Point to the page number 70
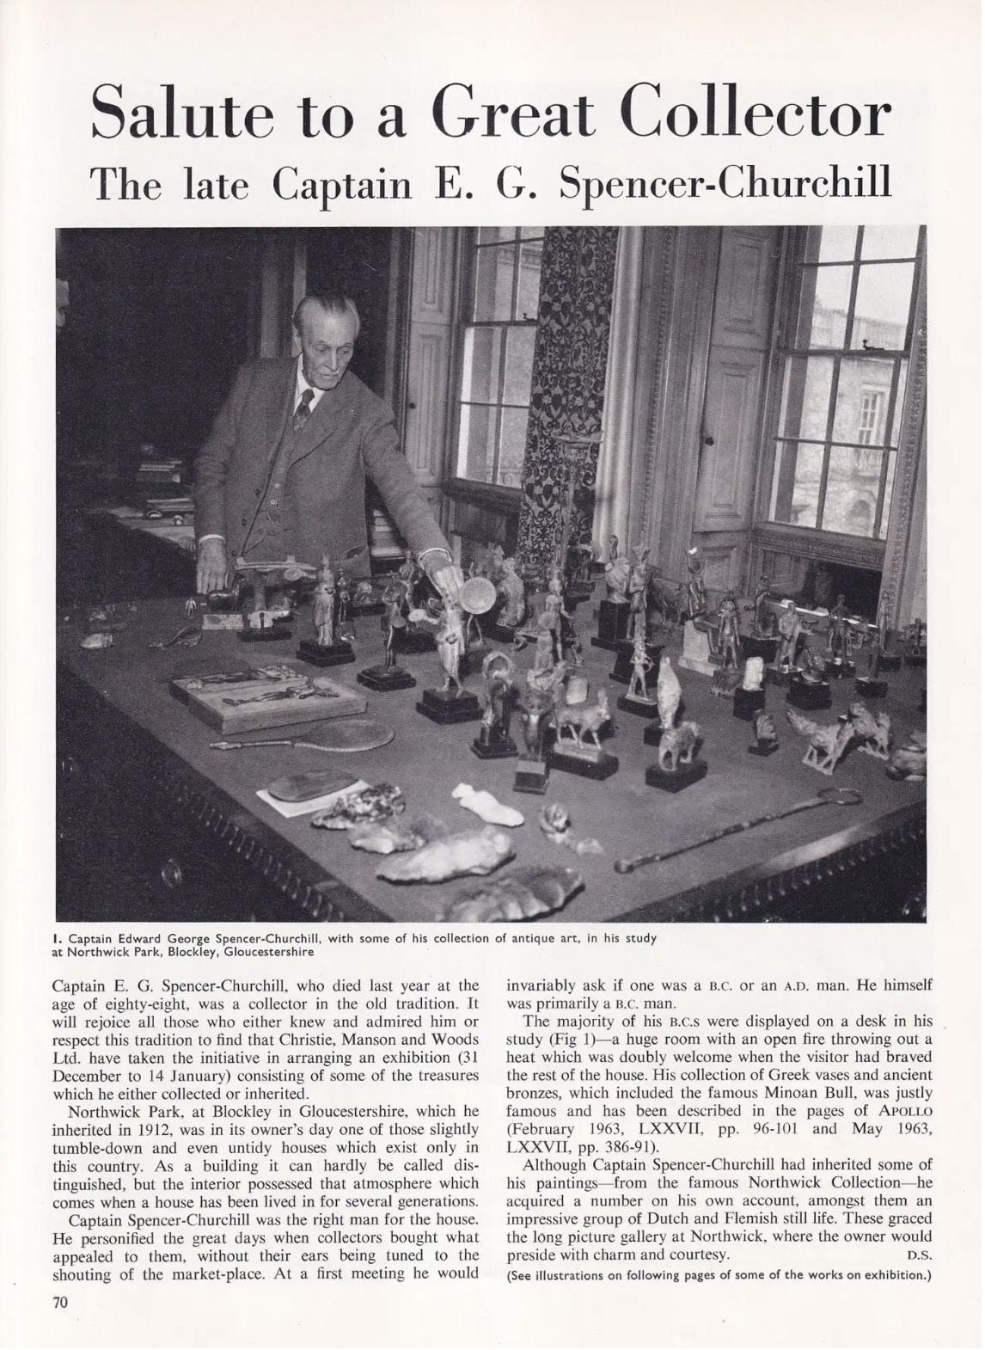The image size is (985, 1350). tap(60, 1302)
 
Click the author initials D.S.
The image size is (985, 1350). tap(920, 1255)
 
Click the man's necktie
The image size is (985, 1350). tap(303, 410)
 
